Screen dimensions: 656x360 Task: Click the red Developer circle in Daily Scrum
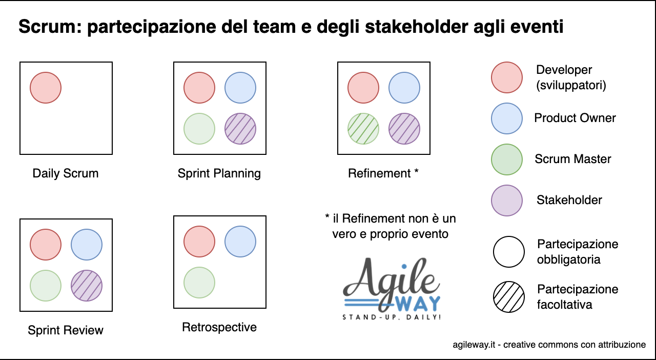point(46,88)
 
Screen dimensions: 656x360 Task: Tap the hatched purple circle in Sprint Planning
point(240,129)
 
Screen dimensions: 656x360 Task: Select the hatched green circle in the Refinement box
point(363,129)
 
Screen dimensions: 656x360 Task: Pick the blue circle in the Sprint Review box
point(87,245)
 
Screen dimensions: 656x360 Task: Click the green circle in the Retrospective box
point(199,283)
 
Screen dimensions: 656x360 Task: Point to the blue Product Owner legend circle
point(507,118)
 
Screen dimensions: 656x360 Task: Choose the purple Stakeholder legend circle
point(507,201)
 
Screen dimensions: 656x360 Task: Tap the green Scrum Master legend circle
point(507,159)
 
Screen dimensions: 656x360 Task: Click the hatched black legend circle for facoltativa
point(509,297)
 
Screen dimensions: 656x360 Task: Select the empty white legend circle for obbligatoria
point(509,252)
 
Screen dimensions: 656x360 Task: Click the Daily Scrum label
point(66,173)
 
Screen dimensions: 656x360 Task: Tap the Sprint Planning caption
point(219,173)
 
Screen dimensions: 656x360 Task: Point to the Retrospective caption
point(219,327)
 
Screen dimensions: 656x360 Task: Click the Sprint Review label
point(66,330)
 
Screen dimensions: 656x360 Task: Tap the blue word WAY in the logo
point(419,304)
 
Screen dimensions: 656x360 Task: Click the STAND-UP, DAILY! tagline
point(392,317)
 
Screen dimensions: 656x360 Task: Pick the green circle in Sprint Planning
point(199,129)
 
